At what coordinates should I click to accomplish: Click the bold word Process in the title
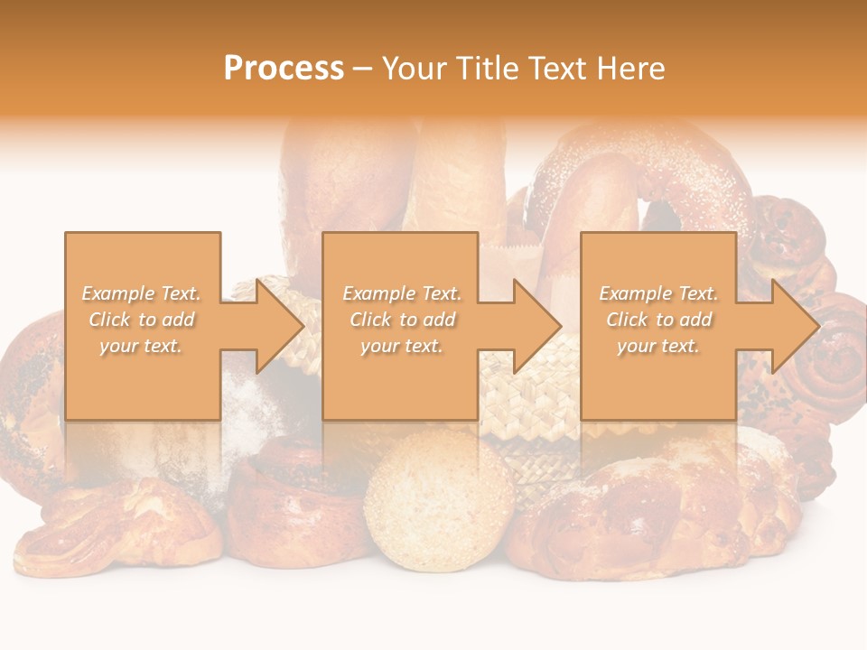click(x=284, y=69)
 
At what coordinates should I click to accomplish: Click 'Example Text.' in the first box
click(x=142, y=293)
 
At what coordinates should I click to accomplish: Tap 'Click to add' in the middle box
click(x=402, y=320)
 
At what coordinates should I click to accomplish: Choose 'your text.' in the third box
click(x=658, y=346)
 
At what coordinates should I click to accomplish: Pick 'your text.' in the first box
click(x=142, y=346)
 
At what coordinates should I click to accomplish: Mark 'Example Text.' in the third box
click(x=658, y=293)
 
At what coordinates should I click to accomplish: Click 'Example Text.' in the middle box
click(x=402, y=293)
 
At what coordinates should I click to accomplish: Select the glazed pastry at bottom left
click(x=117, y=533)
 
